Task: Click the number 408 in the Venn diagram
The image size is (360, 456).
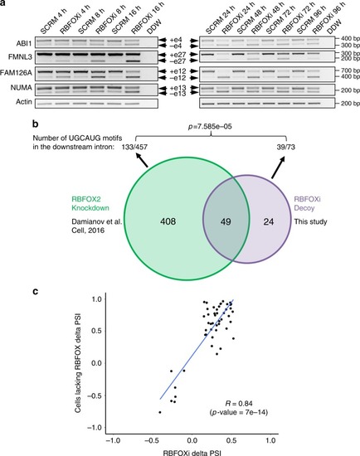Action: pos(168,221)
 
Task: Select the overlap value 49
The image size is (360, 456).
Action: pos(226,222)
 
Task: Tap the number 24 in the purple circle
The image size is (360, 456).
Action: pos(269,222)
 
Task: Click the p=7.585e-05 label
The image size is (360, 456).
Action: pos(210,127)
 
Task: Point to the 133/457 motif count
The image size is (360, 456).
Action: pos(134,147)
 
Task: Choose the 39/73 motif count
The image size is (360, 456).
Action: pos(286,147)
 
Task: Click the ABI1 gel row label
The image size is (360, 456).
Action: pos(24,43)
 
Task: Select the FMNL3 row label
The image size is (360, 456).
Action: pos(20,56)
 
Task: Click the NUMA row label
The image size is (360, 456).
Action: pos(22,87)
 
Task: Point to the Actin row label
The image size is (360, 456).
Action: pos(24,102)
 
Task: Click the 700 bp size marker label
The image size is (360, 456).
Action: pos(350,70)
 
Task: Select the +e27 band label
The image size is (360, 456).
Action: pos(177,55)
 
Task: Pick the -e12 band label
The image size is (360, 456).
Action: pos(177,78)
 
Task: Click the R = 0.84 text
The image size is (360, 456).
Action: pos(239,404)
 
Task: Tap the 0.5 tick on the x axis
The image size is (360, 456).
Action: pos(231,440)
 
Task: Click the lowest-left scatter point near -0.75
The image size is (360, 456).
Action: pos(160,412)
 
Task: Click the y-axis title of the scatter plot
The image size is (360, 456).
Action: pos(78,362)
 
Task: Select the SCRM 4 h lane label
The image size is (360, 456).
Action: pos(54,22)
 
